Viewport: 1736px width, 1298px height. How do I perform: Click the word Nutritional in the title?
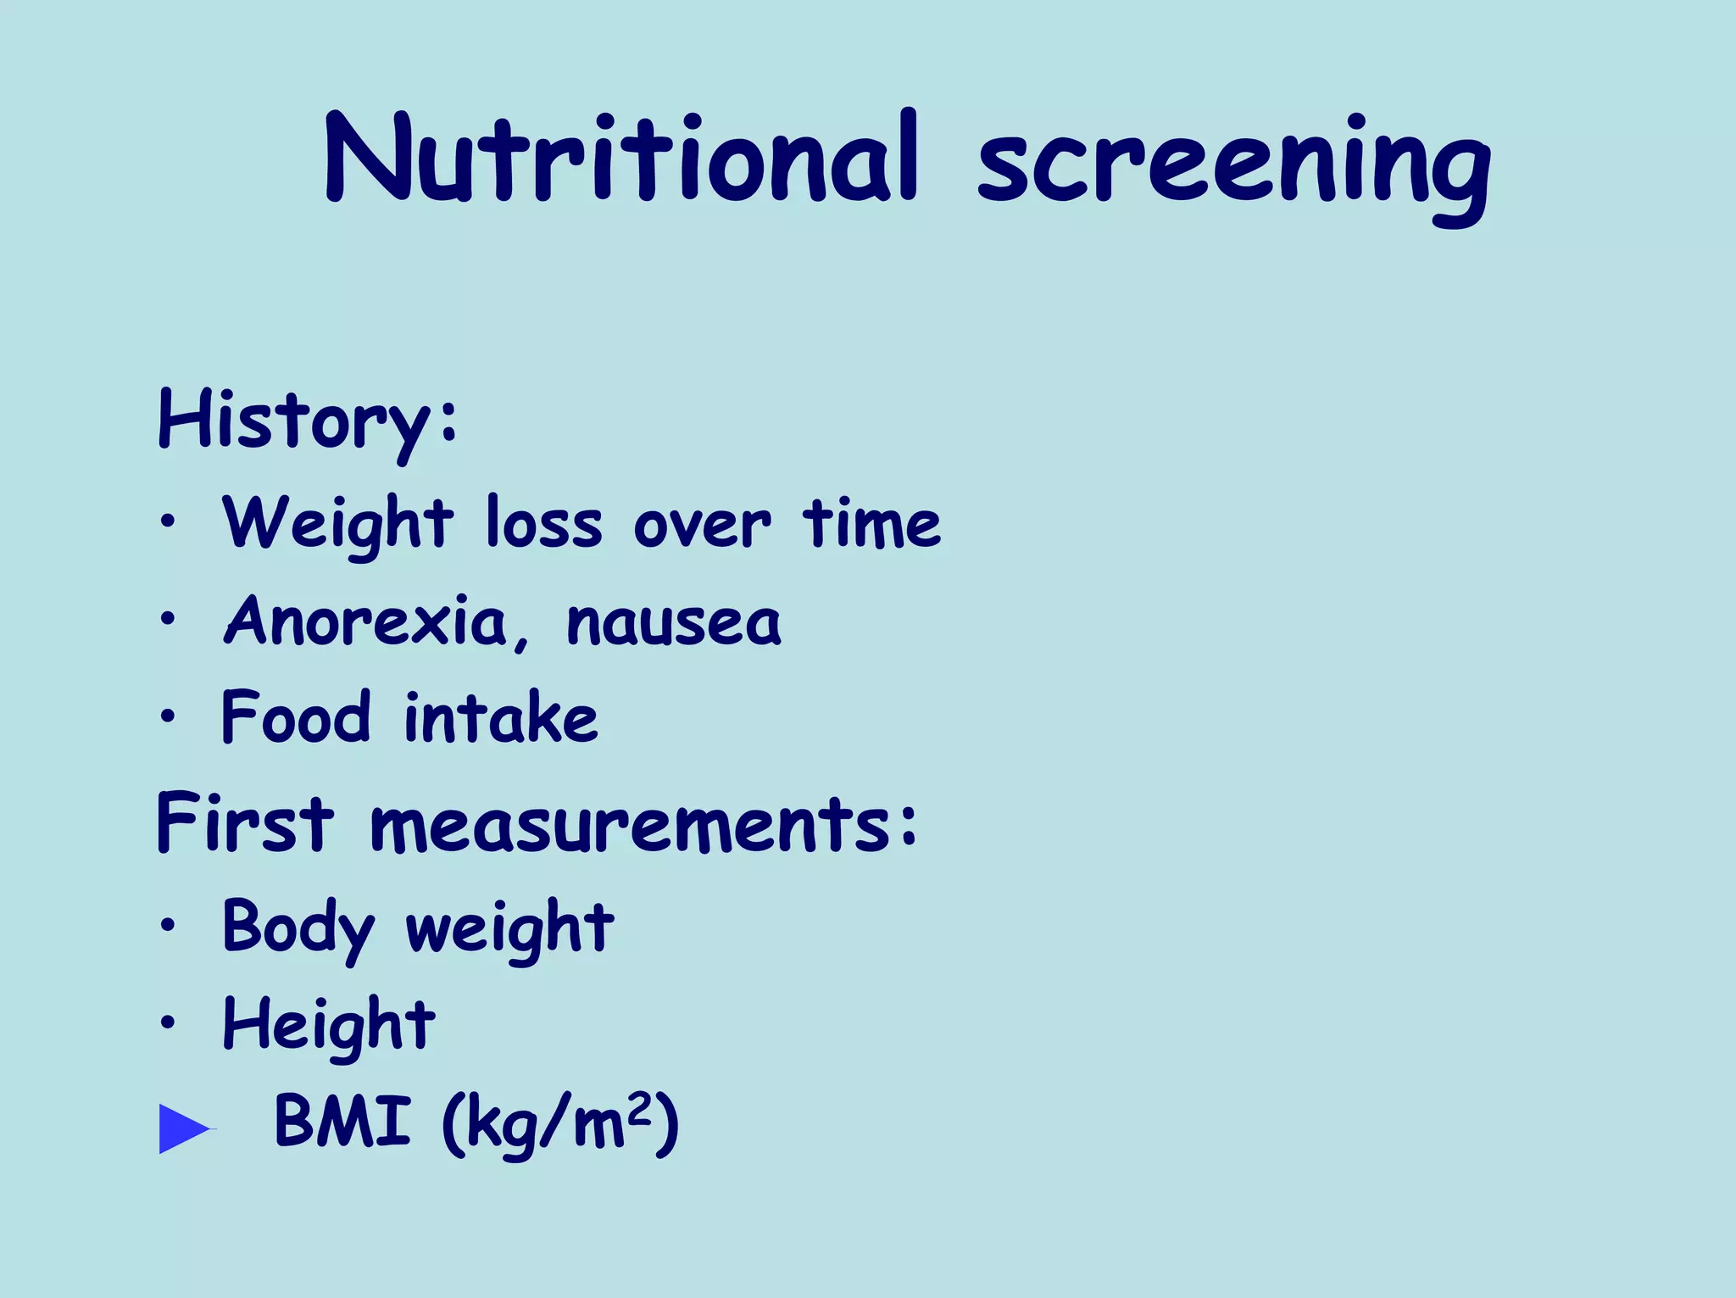[x=621, y=159]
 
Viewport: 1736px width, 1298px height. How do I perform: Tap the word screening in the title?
[x=1233, y=165]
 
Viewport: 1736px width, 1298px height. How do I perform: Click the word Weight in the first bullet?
[x=337, y=524]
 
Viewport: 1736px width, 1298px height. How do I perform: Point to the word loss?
[x=543, y=524]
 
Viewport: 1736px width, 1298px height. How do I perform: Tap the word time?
[x=871, y=524]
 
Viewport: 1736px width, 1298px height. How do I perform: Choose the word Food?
[x=296, y=717]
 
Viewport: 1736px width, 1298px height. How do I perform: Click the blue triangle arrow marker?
[x=184, y=1128]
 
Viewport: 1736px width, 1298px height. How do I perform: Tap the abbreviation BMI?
[x=342, y=1122]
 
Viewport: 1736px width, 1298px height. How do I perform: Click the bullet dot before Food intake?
[x=168, y=716]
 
